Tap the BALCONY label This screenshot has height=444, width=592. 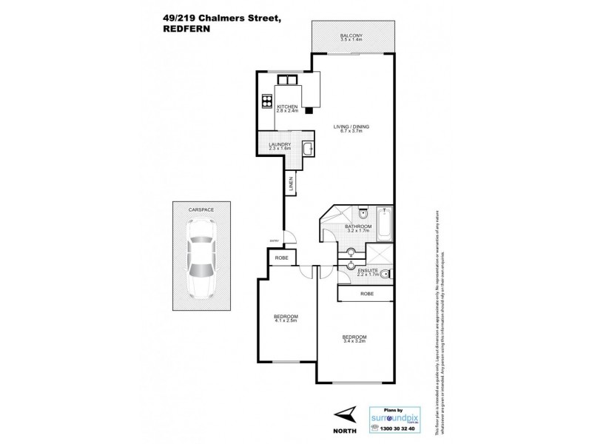tap(351, 35)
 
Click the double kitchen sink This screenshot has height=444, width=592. tap(285, 80)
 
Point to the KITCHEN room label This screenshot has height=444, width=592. tap(287, 107)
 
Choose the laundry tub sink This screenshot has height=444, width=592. tap(307, 151)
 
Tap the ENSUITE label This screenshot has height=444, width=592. tap(368, 271)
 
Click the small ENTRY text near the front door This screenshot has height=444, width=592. tap(275, 239)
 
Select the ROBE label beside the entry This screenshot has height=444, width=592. tap(280, 258)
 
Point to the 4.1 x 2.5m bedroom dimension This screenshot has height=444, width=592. tap(286, 323)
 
